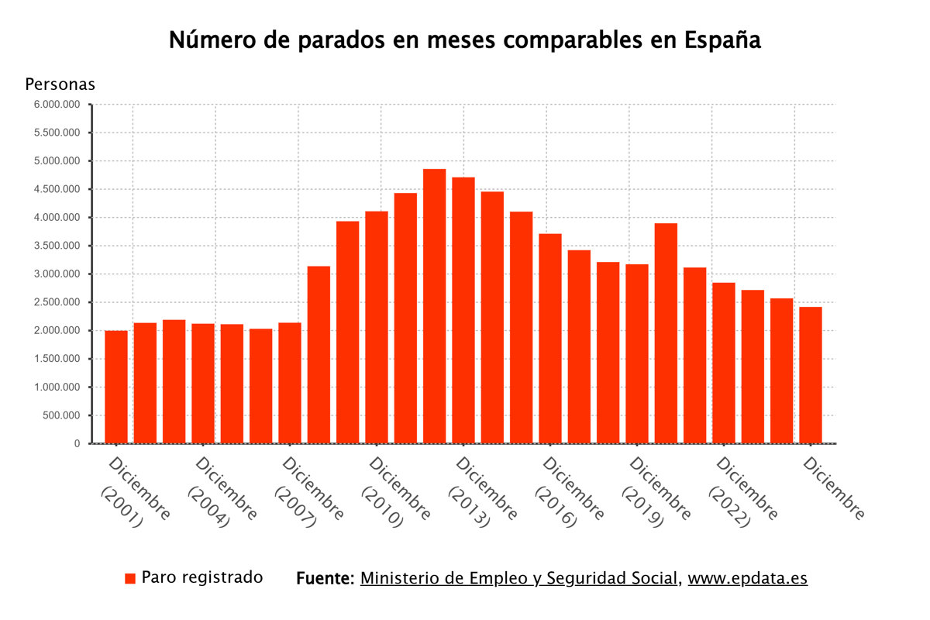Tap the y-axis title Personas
60,84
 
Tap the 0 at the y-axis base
77,443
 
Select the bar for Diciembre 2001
116,387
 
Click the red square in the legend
130,578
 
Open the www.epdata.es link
747,578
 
